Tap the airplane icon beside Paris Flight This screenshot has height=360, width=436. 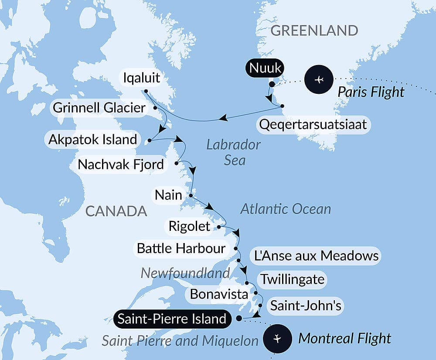click(319, 79)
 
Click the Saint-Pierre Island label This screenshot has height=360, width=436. click(172, 319)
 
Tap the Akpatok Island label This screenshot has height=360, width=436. click(93, 140)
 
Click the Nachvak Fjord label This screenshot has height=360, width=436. click(121, 165)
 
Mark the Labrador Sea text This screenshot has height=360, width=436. click(234, 152)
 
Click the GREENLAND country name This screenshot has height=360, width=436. click(314, 31)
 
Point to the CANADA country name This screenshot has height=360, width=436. click(116, 211)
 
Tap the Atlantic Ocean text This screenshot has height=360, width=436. click(286, 209)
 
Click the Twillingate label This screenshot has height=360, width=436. click(292, 279)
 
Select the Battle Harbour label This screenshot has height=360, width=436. click(181, 249)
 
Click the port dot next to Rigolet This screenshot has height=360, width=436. click(218, 227)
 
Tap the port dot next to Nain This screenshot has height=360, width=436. click(191, 195)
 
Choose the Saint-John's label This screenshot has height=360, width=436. click(305, 305)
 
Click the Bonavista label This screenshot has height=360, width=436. click(219, 294)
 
